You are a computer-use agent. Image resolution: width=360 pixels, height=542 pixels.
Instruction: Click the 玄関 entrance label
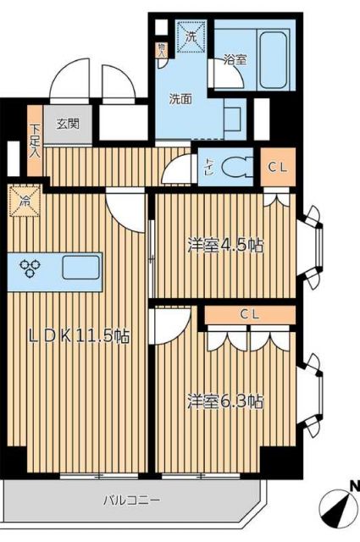pos(68,123)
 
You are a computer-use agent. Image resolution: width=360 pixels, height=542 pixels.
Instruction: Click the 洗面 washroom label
pos(180,97)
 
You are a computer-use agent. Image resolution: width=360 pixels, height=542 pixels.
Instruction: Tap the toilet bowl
pos(236,163)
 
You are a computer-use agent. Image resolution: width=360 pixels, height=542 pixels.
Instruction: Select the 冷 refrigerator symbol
pos(25,202)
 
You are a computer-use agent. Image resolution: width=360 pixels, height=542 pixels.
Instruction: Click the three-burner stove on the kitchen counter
pos(34,268)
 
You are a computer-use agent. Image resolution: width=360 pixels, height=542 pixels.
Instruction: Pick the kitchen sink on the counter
pos(80,268)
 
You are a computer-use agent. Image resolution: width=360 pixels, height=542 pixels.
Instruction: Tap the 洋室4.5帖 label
pos(224,246)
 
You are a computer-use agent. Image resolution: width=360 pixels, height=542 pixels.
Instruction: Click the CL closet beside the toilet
pos(277,167)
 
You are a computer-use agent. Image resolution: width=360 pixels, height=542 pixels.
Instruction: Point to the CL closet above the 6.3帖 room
pos(249,314)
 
